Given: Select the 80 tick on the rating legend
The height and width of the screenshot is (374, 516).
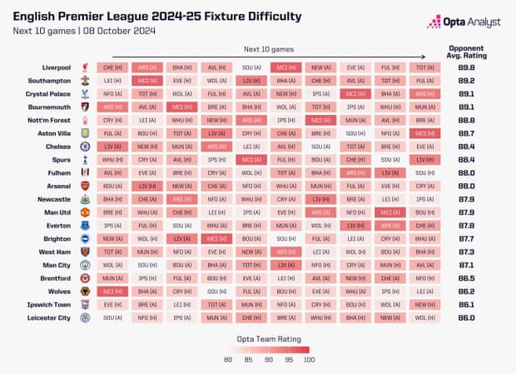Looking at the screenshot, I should [228, 360].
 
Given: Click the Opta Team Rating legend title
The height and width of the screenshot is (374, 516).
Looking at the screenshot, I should [269, 339].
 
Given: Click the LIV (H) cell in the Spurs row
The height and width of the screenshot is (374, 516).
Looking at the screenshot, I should [424, 159].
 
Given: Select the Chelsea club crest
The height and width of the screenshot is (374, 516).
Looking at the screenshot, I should [85, 146].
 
